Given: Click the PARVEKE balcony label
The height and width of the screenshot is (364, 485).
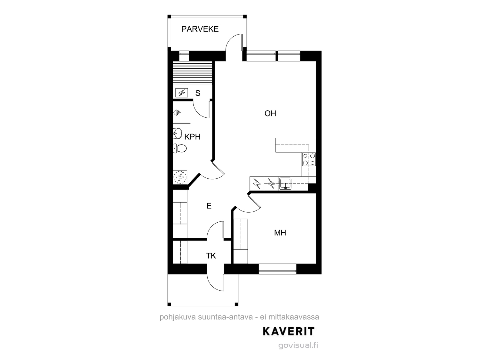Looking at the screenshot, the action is (200, 29).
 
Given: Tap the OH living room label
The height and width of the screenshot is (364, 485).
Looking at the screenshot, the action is (270, 113).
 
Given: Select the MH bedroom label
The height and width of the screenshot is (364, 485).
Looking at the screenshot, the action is (280, 233).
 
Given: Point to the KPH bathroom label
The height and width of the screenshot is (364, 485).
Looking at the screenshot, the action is (192, 137).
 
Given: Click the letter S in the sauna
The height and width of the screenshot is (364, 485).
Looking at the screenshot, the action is (198, 93).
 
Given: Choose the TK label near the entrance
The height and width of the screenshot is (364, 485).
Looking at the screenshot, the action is (211, 256).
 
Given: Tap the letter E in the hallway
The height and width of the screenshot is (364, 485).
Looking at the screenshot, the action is (209, 206).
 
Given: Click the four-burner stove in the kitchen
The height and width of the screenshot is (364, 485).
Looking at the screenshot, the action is (309, 159).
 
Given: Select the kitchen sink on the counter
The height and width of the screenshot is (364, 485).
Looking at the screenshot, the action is (285, 184).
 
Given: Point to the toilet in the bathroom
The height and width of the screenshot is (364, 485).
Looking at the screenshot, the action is (180, 148).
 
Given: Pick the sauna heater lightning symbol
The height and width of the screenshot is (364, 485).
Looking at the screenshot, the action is (182, 93).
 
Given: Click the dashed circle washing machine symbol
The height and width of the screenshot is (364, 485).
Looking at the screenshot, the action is (180, 177).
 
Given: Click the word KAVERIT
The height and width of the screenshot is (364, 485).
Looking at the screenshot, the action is (289, 331).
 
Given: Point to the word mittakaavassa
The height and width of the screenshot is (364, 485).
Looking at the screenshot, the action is (294, 317).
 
